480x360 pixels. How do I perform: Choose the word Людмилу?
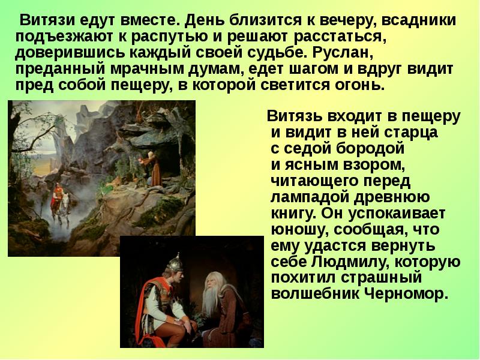tap(354, 262)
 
